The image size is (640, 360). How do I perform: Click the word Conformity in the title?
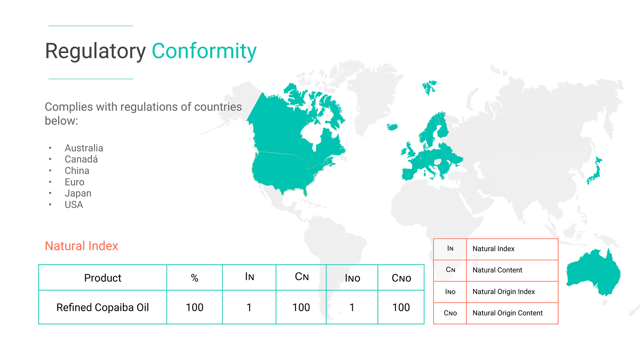(x=204, y=52)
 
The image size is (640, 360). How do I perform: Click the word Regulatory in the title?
(x=95, y=52)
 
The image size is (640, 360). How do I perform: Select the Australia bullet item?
(x=84, y=148)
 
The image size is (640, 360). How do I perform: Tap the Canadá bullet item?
(x=81, y=159)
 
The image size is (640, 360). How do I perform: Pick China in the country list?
(x=77, y=171)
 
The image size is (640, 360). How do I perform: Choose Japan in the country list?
(x=78, y=193)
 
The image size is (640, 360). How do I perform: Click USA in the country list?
(x=74, y=205)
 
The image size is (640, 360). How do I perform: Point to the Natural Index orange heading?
(x=82, y=246)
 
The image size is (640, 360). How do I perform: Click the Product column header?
(x=103, y=278)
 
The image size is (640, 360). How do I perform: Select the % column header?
(x=195, y=278)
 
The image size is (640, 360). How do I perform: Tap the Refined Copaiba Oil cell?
(x=103, y=307)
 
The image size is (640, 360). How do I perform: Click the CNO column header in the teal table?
(x=401, y=278)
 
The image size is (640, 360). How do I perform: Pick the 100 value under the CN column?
(x=301, y=307)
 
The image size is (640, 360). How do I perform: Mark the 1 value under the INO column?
(x=352, y=307)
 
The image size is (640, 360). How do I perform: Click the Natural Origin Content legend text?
(x=507, y=313)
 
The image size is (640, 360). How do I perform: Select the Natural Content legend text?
(x=497, y=270)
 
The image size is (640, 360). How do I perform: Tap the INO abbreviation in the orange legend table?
(x=450, y=292)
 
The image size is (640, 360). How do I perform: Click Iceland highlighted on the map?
(x=392, y=127)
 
